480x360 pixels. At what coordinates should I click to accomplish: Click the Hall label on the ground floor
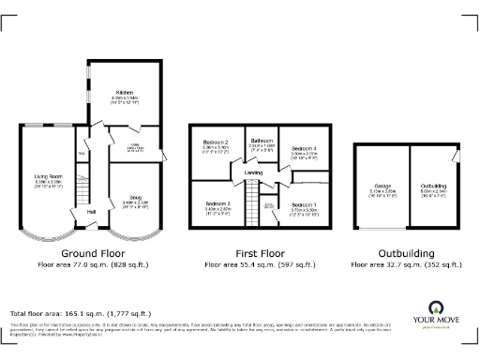pos(92,212)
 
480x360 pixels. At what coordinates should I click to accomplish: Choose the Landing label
pos(253,172)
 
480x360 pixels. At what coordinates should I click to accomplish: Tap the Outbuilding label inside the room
pos(433,187)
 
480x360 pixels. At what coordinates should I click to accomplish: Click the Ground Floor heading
pos(91,254)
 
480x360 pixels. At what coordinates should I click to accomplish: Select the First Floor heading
pos(260,254)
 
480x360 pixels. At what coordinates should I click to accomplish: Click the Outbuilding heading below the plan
pos(406,254)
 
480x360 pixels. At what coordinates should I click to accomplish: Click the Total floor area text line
pos(78,312)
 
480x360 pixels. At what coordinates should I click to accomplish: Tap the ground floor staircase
pos(82,191)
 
